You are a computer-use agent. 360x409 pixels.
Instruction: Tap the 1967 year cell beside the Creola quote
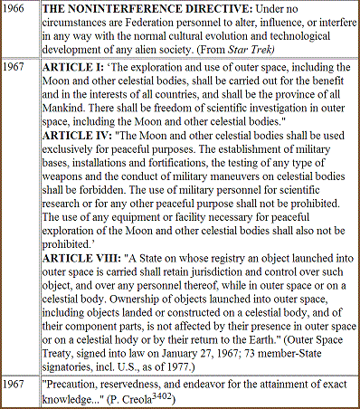coord(14,383)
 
